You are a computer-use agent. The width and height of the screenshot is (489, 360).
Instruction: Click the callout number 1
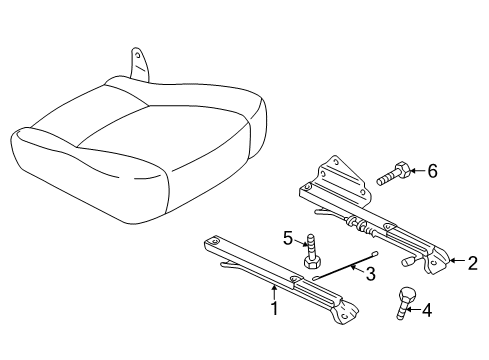point(274,308)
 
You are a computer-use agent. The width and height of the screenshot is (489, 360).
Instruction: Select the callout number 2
point(472,263)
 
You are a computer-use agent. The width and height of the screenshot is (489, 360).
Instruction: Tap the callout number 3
point(370,274)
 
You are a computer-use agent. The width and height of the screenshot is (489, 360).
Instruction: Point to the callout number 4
point(427,310)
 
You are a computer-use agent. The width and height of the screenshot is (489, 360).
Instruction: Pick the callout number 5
point(288,239)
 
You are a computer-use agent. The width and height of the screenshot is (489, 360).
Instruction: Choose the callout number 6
point(432,171)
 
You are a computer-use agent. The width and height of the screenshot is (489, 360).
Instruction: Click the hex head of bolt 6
point(402,170)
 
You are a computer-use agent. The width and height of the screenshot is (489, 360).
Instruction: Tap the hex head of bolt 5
point(312,263)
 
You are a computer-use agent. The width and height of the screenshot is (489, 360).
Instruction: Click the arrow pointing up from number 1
point(274,292)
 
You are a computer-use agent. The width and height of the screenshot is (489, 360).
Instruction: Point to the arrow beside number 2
point(457,260)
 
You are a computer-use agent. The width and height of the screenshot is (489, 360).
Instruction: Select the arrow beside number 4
point(412,310)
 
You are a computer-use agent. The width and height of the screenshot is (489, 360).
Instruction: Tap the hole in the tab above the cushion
point(137,55)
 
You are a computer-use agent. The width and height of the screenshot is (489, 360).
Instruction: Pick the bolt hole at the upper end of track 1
point(214,240)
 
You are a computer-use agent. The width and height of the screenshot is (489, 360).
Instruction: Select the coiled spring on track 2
point(359,226)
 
